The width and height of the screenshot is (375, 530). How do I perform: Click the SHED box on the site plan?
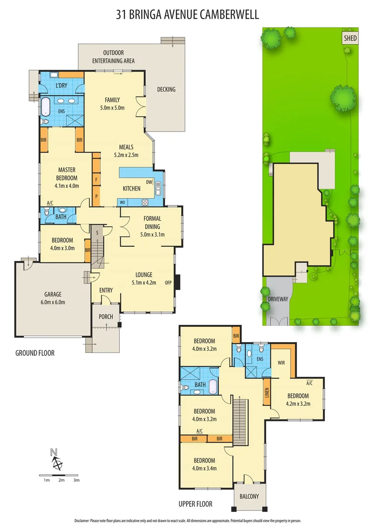350,38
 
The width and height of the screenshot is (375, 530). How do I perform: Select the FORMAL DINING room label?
152,222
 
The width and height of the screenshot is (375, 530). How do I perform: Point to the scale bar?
60,475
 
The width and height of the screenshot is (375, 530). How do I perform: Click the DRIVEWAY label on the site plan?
278,297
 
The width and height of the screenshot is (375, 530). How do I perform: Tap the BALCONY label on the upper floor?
249,496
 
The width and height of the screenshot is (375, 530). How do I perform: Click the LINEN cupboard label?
267,392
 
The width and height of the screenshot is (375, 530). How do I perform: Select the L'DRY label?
61,86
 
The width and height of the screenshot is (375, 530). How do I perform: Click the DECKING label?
166,89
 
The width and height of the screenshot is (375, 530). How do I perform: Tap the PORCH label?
106,317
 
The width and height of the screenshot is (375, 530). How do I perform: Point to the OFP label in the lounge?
168,282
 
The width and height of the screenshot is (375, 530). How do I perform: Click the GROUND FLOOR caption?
35,353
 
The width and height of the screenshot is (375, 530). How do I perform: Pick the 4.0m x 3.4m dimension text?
204,468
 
